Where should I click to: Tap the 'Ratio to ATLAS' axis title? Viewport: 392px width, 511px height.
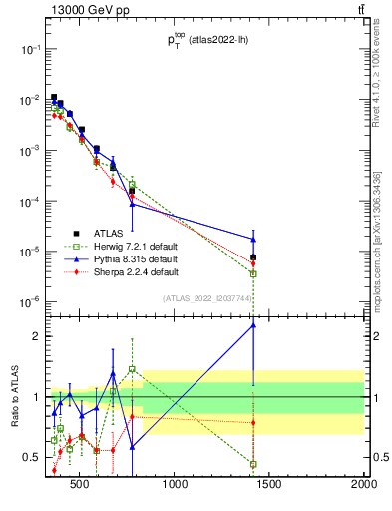[x=14, y=397]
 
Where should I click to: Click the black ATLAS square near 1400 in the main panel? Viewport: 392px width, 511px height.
[x=253, y=257]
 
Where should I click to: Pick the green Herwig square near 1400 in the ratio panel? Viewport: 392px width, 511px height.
[x=253, y=464]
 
